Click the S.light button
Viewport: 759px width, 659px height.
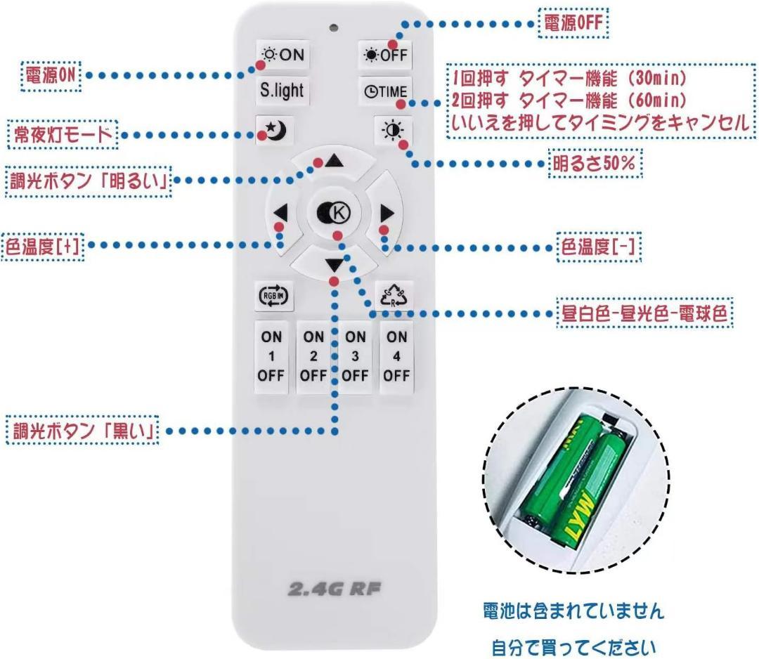pos(282,91)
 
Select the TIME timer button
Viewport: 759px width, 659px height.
pos(385,91)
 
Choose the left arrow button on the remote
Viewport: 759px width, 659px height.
pos(281,213)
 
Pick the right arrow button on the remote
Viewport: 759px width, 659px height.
pos(386,213)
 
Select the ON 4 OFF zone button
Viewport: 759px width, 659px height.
pos(396,356)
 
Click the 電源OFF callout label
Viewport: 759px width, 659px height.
pos(573,24)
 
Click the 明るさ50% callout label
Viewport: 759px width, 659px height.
pos(595,164)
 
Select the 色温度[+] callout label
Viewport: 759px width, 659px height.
pos(43,246)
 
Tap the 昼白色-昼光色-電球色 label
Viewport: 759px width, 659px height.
pos(644,313)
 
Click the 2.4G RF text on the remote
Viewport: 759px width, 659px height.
pos(334,589)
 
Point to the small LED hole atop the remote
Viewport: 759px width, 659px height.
pos(333,29)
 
